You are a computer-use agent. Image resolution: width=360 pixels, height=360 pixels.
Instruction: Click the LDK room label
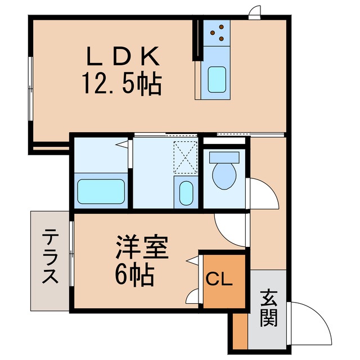point(123,56)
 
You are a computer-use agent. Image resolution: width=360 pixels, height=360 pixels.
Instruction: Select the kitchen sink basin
point(217,79)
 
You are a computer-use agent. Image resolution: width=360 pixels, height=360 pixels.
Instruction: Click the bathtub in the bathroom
point(101,192)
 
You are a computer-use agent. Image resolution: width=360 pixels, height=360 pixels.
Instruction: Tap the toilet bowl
point(224,174)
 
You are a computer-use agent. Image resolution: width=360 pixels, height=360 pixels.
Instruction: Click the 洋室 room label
point(142,248)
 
